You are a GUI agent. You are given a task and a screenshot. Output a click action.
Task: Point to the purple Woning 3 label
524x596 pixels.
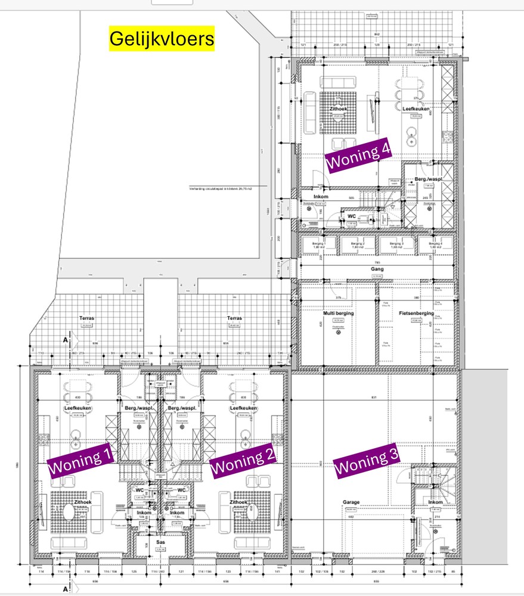366,460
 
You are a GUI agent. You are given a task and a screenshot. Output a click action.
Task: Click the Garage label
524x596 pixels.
351,502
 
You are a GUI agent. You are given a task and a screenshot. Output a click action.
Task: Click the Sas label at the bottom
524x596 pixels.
160,542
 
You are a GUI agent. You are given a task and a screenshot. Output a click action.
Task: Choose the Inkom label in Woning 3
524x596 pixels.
435,502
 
